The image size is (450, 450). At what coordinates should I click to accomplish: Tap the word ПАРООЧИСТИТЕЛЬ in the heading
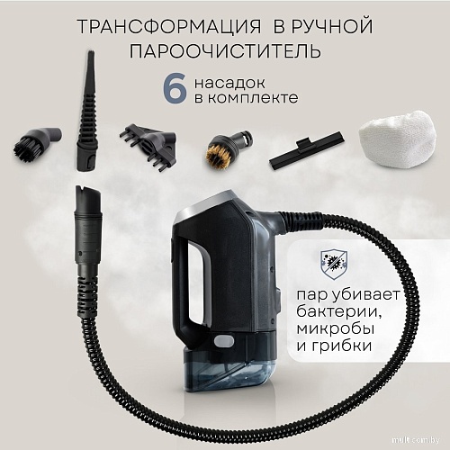225,49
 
